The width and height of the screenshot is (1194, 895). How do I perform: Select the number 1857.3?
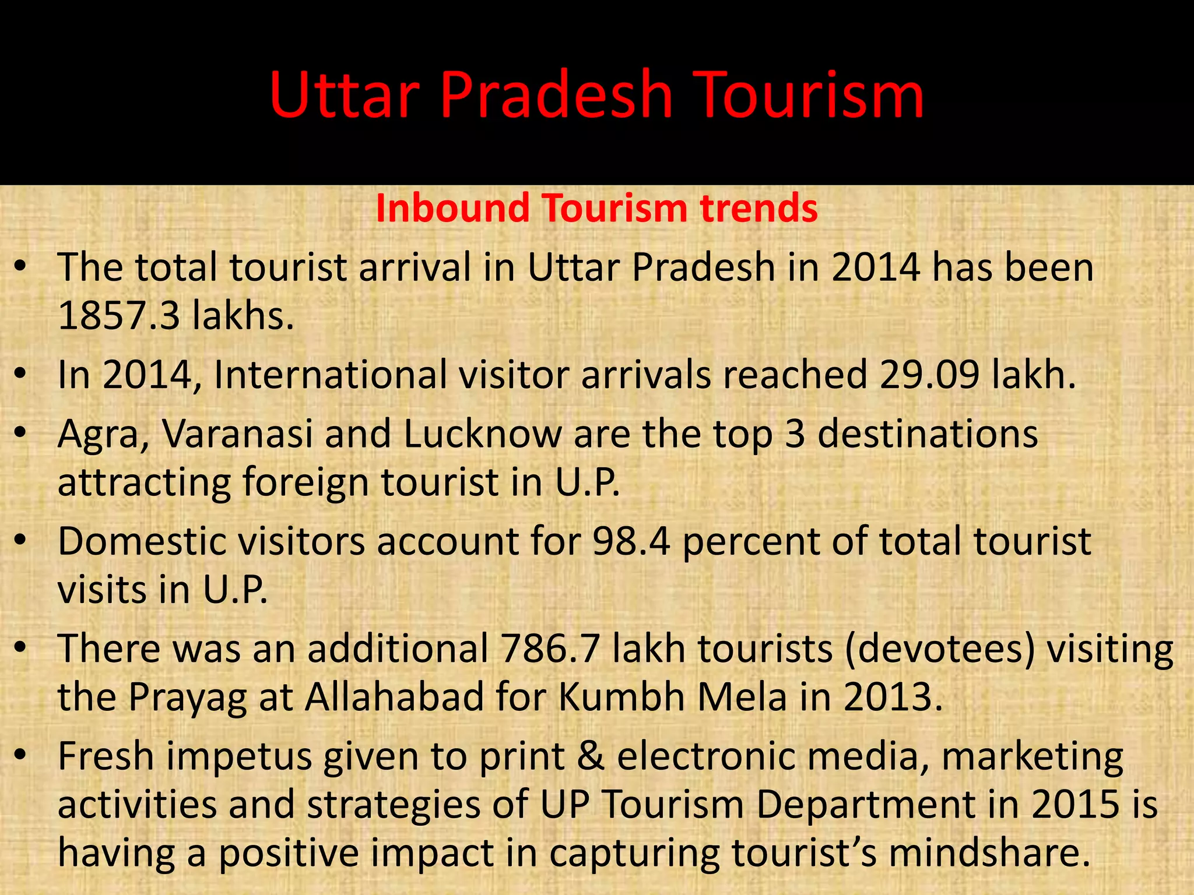pos(119,315)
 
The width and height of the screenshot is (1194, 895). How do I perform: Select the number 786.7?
pos(550,649)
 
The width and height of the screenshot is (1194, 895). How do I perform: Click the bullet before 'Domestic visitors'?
pos(21,541)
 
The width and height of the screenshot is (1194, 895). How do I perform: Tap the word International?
pos(332,375)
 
